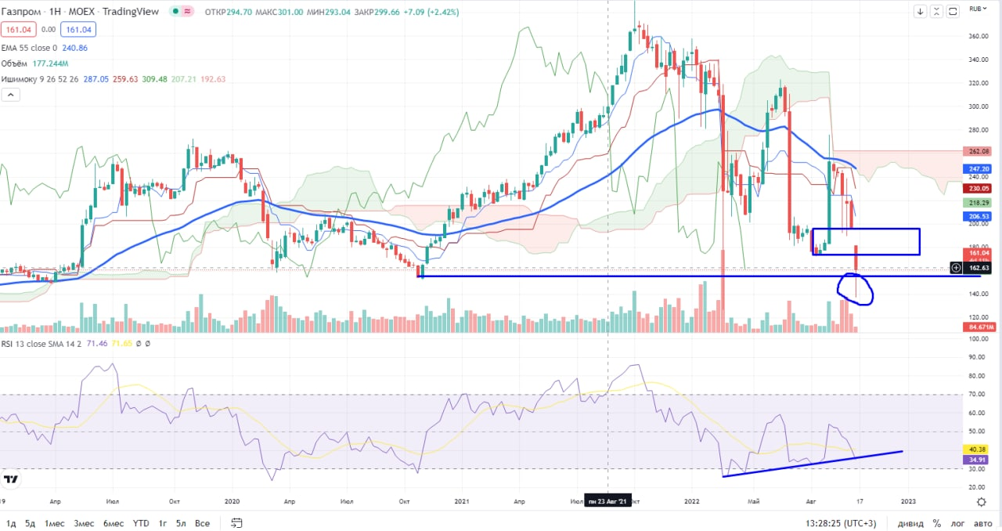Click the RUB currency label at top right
tap(976, 9)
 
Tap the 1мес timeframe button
tap(54, 523)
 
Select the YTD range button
tap(141, 523)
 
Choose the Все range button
tap(202, 523)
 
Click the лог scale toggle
tap(957, 523)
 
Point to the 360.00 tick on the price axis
tap(975, 36)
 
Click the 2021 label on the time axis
tap(462, 500)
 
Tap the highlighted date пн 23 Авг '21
tap(607, 501)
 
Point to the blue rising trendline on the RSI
tap(814, 463)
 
